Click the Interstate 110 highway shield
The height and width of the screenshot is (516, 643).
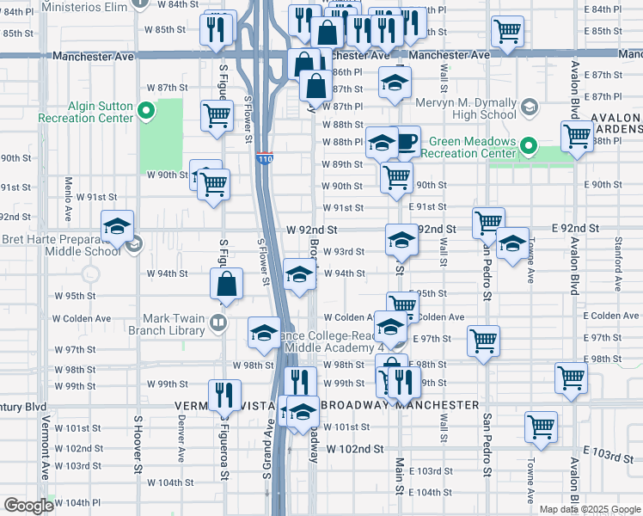click(x=265, y=159)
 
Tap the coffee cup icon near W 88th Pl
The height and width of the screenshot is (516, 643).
click(x=405, y=142)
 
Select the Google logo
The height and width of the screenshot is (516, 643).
click(x=28, y=506)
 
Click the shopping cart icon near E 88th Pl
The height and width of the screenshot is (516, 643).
click(x=577, y=136)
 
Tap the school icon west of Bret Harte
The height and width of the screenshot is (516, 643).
click(x=117, y=227)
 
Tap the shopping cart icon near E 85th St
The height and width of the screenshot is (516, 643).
click(x=507, y=32)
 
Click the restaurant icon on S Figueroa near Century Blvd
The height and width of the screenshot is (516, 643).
click(x=224, y=396)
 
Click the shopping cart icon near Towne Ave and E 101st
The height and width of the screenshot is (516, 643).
click(x=541, y=426)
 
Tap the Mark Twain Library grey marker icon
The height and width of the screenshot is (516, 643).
click(x=218, y=323)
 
